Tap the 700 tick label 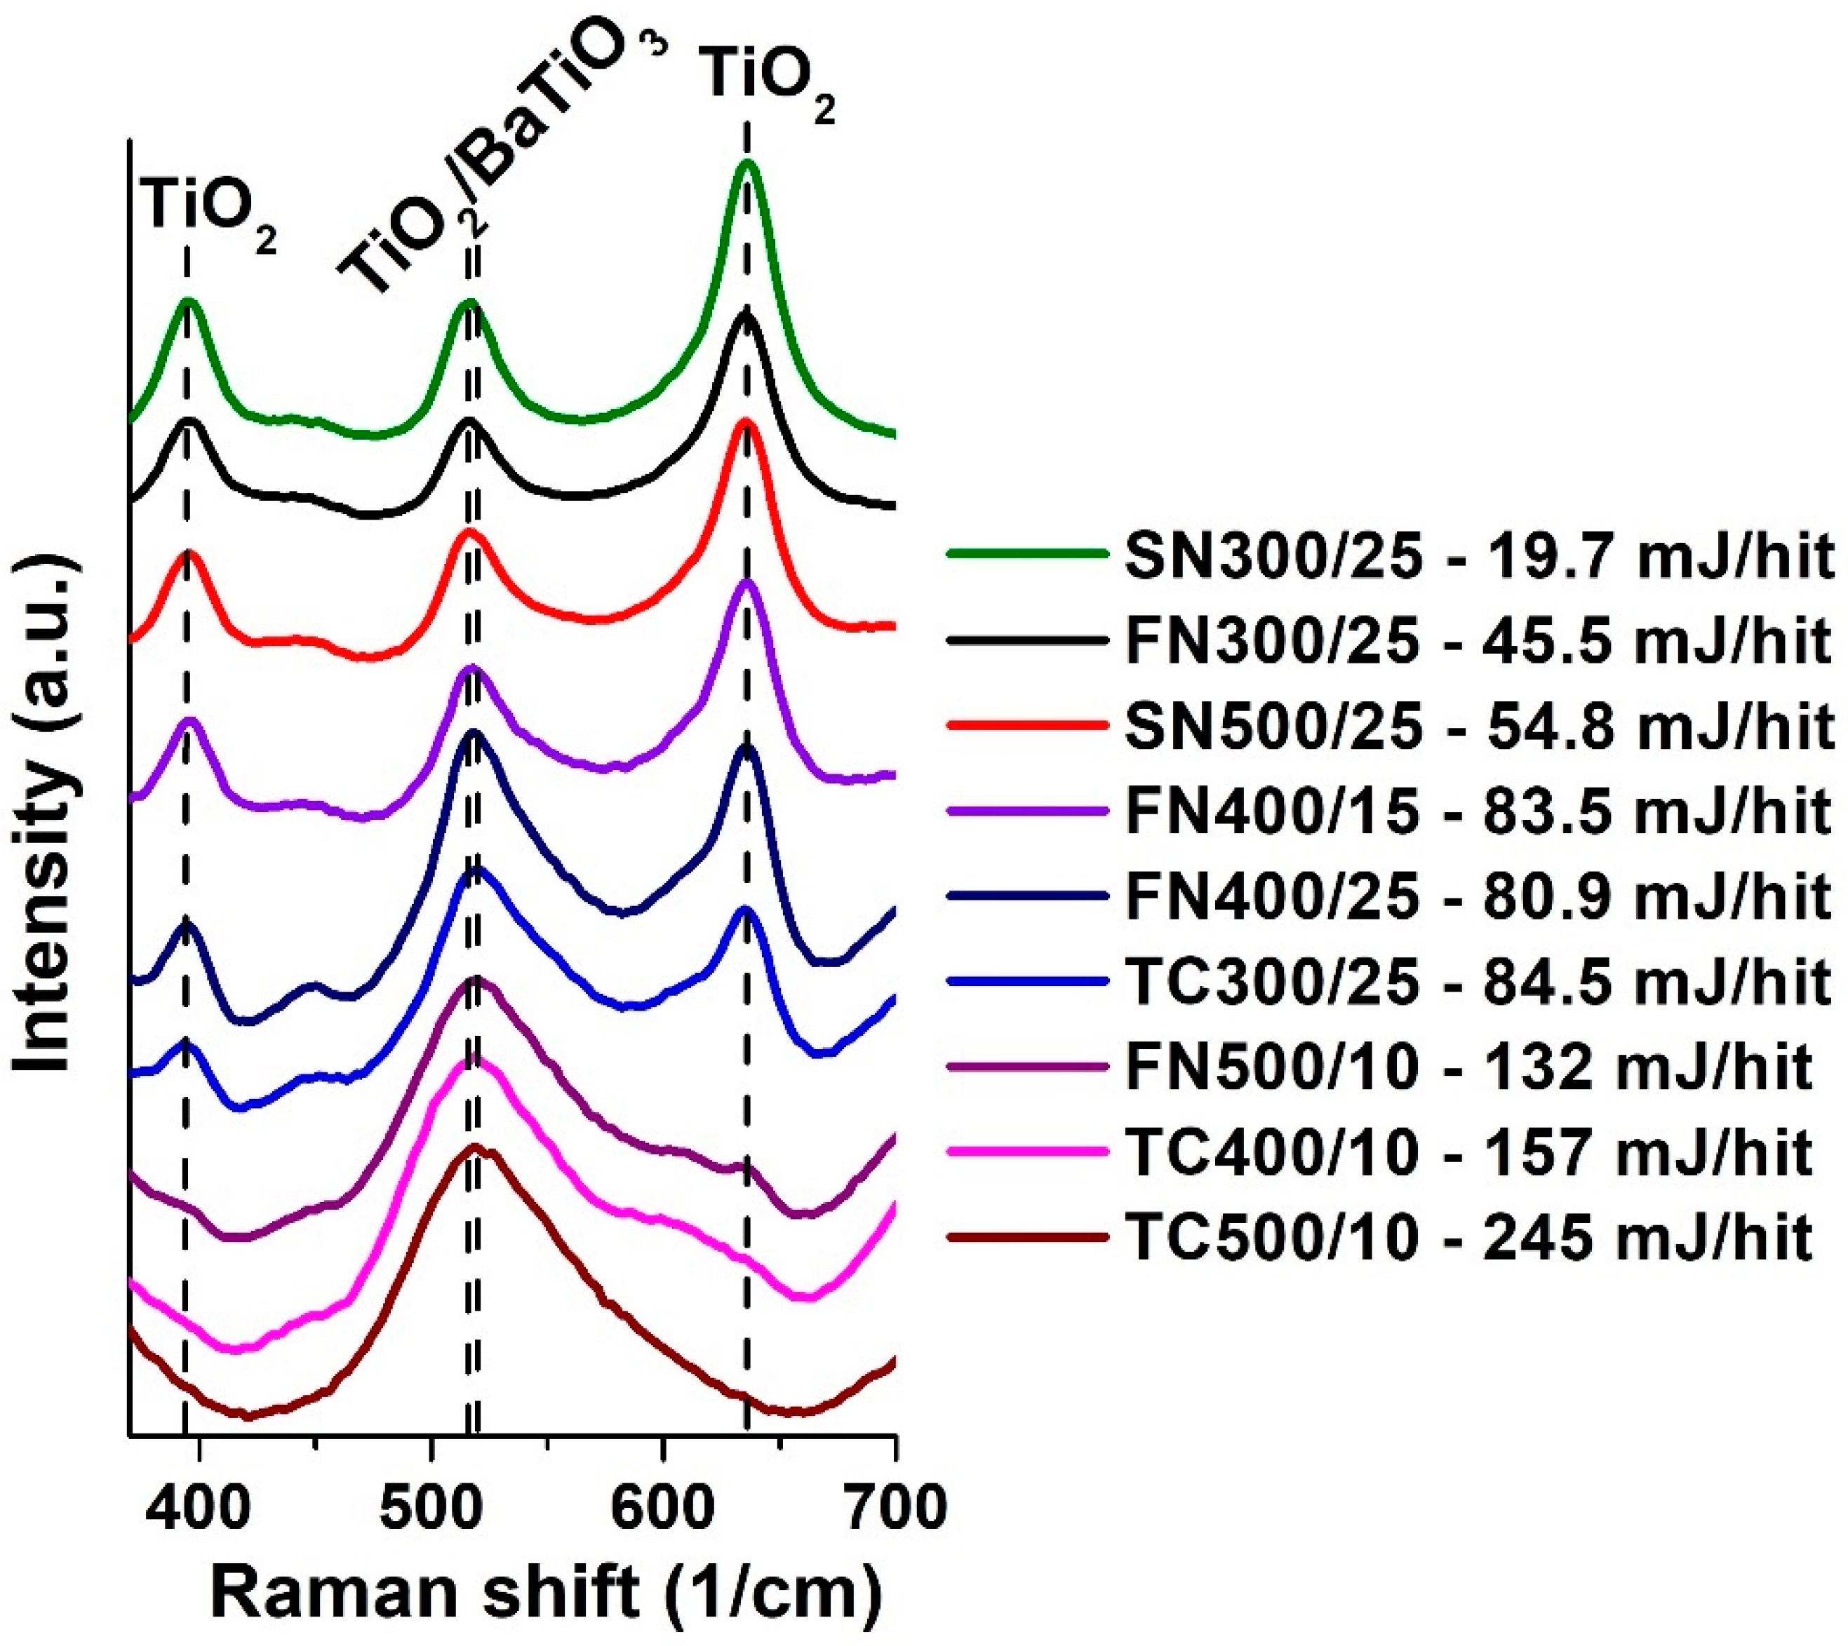tap(894, 1509)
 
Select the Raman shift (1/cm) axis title tap(547, 1597)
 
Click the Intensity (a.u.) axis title tap(43, 814)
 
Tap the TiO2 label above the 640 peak tap(768, 86)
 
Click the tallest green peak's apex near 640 tap(746, 163)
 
